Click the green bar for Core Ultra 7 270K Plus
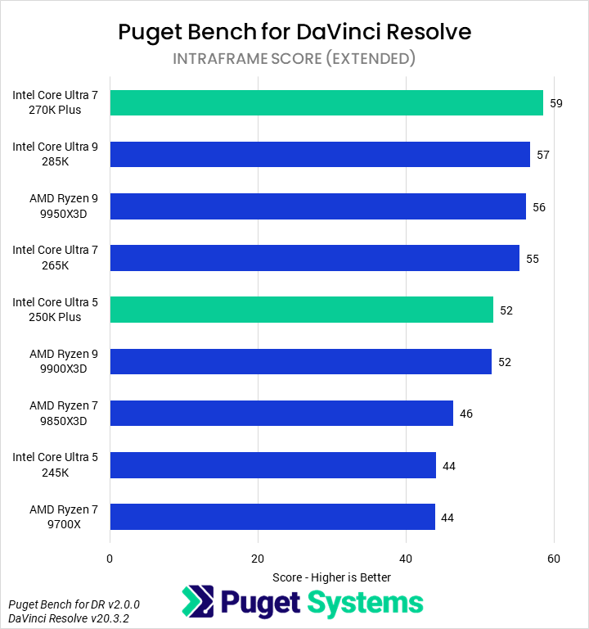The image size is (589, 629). click(x=326, y=103)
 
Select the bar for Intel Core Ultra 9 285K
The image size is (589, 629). click(x=320, y=155)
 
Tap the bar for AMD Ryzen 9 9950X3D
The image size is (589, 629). click(x=317, y=206)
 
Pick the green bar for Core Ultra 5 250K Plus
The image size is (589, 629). click(x=301, y=310)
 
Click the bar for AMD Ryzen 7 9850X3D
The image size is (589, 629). click(x=281, y=414)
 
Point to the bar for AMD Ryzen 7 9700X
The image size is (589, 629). click(x=272, y=517)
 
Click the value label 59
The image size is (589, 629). click(x=556, y=104)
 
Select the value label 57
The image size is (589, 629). click(x=543, y=156)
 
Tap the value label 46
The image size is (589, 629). click(x=466, y=414)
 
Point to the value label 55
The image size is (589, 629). click(x=533, y=259)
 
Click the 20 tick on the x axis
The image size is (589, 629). click(x=259, y=559)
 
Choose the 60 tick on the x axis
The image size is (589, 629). click(x=554, y=559)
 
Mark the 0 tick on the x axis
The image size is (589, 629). click(x=110, y=559)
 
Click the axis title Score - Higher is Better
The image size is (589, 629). click(x=331, y=577)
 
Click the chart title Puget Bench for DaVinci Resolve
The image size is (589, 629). click(x=294, y=32)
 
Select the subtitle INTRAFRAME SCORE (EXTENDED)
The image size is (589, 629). click(x=294, y=58)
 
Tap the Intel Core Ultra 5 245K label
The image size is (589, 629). click(x=55, y=465)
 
